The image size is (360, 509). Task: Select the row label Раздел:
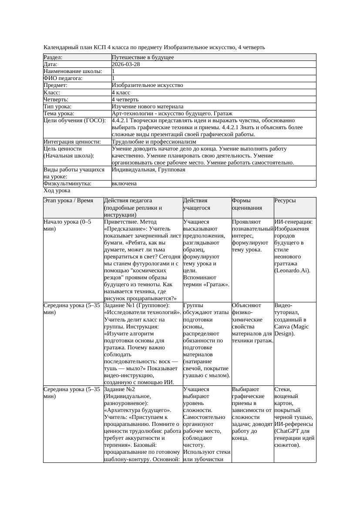[53, 57]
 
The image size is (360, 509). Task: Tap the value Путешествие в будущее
[143, 57]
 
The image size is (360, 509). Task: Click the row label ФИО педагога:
[63, 78]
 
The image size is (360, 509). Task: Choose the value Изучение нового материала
[148, 107]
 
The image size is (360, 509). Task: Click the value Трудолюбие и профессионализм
[154, 142]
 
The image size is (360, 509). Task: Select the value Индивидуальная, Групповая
[148, 170]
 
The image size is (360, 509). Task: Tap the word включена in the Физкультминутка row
[124, 184]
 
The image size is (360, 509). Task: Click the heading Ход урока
[57, 191]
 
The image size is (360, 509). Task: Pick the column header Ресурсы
[285, 201]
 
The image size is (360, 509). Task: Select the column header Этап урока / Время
[68, 201]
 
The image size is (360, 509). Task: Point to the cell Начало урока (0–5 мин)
[67, 225]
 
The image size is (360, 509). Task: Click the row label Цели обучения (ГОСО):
[74, 121]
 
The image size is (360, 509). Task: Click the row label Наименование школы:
[73, 71]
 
